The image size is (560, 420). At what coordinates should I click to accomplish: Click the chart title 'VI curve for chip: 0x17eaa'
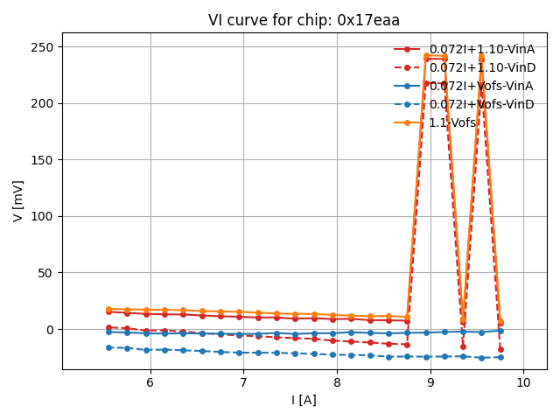click(x=304, y=20)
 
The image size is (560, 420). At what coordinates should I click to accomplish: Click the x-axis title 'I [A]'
click(x=304, y=400)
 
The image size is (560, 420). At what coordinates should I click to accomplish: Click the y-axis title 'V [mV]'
click(x=18, y=200)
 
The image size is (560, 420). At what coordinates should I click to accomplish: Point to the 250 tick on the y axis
click(x=44, y=46)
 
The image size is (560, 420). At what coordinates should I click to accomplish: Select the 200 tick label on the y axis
click(x=44, y=103)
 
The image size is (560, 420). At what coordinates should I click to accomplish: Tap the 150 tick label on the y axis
click(x=44, y=160)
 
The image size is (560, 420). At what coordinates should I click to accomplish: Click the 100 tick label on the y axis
click(x=44, y=216)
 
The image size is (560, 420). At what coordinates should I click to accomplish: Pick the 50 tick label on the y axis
click(x=47, y=273)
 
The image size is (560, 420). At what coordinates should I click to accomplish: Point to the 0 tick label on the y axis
click(x=51, y=330)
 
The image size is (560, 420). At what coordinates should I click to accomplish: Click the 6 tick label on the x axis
click(x=150, y=382)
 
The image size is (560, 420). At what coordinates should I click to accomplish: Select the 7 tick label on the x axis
click(x=243, y=382)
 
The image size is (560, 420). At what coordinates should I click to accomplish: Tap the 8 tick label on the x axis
click(x=337, y=382)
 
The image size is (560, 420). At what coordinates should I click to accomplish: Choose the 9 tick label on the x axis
click(x=430, y=382)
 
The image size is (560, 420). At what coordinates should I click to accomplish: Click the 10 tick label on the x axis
click(x=523, y=382)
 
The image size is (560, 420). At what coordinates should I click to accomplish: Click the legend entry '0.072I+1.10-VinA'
click(x=481, y=49)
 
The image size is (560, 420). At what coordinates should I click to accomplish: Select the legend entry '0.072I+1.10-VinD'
click(x=481, y=67)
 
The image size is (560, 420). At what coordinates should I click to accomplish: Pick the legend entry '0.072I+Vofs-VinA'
click(x=481, y=86)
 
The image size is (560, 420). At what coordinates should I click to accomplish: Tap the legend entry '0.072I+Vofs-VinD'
click(x=481, y=104)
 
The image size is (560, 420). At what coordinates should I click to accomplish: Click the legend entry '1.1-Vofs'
click(x=453, y=122)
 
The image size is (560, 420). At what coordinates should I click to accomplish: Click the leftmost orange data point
click(x=108, y=309)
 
